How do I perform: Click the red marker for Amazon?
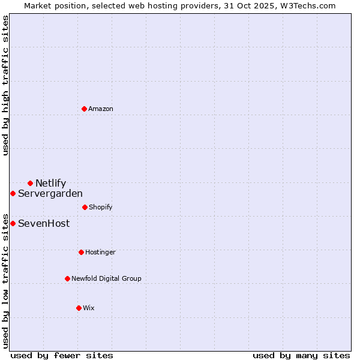click(85, 109)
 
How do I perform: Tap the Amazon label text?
click(101, 109)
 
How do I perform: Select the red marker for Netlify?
click(30, 183)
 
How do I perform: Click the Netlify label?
click(50, 183)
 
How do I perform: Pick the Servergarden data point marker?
click(13, 193)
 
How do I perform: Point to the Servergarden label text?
click(50, 193)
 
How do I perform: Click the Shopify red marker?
click(85, 207)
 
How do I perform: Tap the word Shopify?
click(101, 207)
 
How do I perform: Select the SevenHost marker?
click(13, 223)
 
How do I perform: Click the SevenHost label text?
click(44, 223)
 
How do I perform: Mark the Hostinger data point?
click(81, 252)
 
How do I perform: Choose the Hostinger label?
click(100, 252)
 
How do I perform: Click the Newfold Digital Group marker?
click(67, 278)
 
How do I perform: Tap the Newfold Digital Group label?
click(106, 278)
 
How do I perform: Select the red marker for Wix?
click(79, 308)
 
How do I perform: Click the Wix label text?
click(89, 308)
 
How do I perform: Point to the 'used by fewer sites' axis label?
click(62, 355)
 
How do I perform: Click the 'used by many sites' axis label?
click(301, 355)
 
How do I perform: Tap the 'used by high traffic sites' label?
click(5, 85)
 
